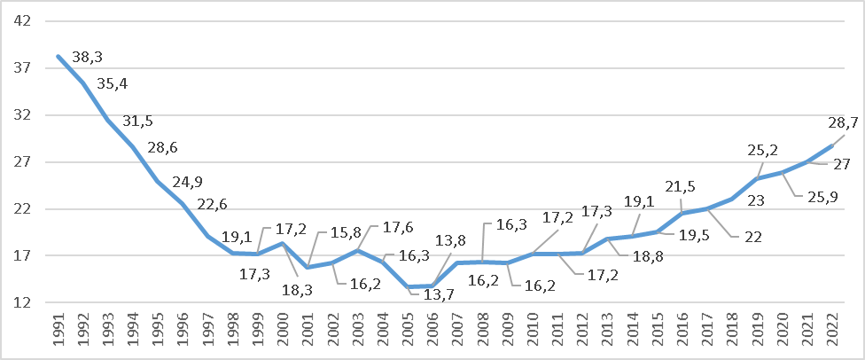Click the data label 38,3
[x=87, y=56]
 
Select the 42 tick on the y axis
[x=23, y=21]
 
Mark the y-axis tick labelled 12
[x=23, y=302]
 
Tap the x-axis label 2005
[x=408, y=334]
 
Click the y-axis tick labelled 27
[x=23, y=162]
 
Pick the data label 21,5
[x=682, y=186]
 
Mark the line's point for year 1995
[x=158, y=181]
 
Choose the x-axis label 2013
[x=607, y=334]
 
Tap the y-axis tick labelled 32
[x=23, y=115]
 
